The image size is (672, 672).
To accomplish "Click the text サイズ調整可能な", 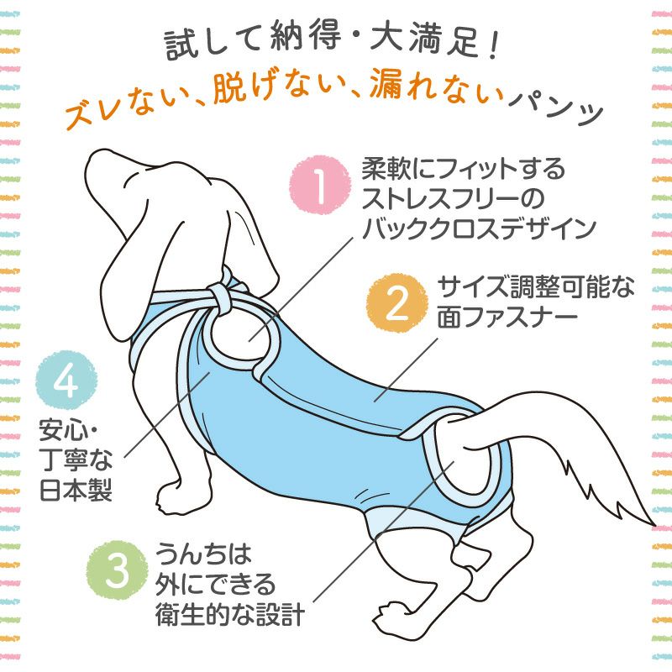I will pyautogui.click(x=536, y=286).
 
